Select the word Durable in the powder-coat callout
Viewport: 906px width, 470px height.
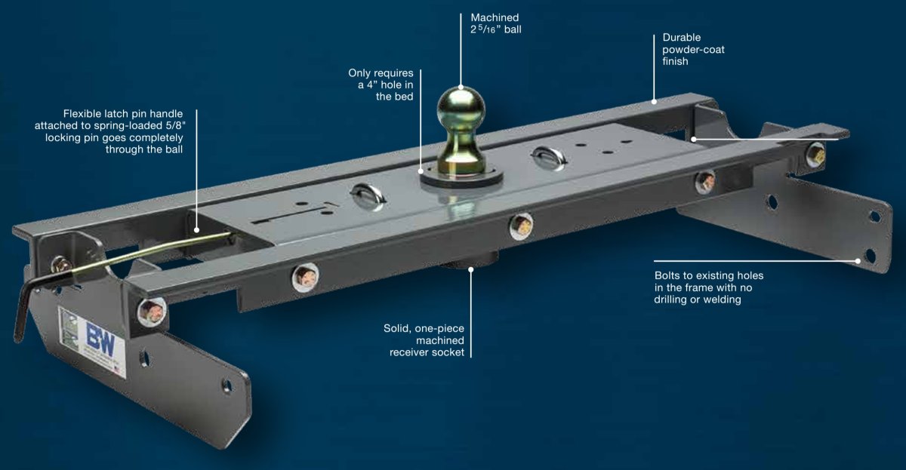tap(683, 37)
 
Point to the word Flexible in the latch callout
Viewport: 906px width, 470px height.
tap(85, 114)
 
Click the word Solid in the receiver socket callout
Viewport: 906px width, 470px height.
tap(399, 328)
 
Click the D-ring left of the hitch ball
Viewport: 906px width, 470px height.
tap(367, 196)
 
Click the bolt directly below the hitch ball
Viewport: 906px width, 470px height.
tap(520, 226)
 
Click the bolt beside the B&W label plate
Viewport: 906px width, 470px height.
tap(152, 310)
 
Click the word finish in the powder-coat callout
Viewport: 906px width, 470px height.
tap(676, 61)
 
